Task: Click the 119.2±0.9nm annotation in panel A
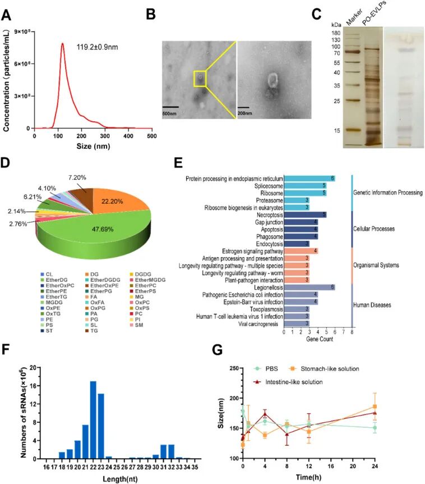point(97,47)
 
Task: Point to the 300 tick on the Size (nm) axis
point(105,136)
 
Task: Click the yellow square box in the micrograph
point(200,79)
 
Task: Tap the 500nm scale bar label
point(169,113)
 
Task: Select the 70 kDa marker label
point(337,53)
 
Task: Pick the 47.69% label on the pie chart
point(103,229)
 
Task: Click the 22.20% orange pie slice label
point(112,201)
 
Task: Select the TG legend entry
point(91,331)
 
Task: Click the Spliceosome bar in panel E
point(305,186)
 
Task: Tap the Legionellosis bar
point(309,287)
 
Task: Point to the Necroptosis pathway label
point(270,215)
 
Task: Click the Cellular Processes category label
point(374,229)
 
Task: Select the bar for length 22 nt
point(93,420)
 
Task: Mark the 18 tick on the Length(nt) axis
point(62,467)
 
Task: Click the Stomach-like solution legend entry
point(325,368)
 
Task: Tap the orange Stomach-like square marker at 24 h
point(375,407)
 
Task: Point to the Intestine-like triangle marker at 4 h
point(265,414)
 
